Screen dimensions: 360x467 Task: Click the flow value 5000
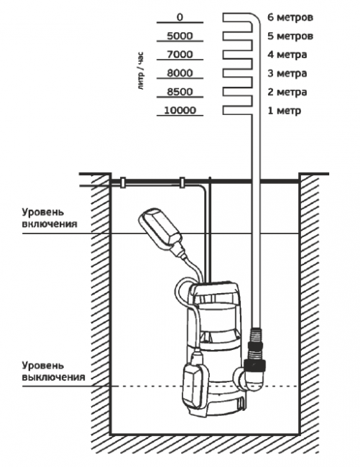pos(180,36)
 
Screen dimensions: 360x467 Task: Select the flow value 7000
pos(180,55)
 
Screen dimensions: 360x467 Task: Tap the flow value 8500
pos(180,92)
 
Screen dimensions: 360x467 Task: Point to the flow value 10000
pos(180,111)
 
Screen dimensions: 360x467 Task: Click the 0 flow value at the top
pos(180,17)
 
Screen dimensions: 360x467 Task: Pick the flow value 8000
pos(180,73)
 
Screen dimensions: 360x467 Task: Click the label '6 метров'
pos(290,17)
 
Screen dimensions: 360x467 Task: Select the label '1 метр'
pos(285,111)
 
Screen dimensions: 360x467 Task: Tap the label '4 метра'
pos(287,55)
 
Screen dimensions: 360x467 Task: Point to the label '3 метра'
pos(287,73)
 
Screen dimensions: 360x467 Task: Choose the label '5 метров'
pos(290,36)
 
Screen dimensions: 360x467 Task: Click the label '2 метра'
pos(287,92)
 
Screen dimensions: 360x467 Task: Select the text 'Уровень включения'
pos(50,218)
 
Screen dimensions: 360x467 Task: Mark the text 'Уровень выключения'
pos(54,371)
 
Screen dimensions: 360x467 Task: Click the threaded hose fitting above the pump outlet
pos(255,346)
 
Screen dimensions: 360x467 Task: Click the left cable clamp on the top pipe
pos(122,182)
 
